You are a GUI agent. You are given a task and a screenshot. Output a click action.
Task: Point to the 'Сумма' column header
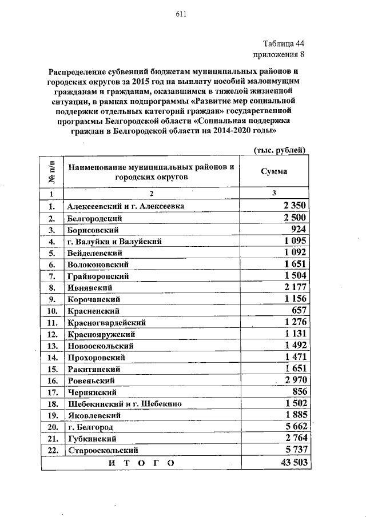click(x=274, y=171)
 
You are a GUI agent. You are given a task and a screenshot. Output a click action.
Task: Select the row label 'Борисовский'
click(x=93, y=230)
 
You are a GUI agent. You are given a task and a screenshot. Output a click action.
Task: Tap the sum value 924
click(x=300, y=230)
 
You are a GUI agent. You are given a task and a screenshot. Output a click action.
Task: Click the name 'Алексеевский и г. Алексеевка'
click(x=125, y=206)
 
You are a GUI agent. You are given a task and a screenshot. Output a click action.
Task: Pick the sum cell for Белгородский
click(x=296, y=218)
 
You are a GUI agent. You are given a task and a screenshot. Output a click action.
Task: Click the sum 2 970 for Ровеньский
click(x=296, y=380)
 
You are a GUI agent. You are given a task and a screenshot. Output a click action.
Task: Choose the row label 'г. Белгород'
click(x=90, y=427)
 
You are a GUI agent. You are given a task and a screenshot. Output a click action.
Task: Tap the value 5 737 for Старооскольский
click(x=296, y=450)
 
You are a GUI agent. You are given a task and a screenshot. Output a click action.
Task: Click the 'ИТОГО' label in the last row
click(x=140, y=462)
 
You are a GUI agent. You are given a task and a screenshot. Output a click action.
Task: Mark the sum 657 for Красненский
click(x=300, y=311)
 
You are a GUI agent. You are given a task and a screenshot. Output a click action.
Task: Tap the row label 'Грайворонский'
click(x=98, y=276)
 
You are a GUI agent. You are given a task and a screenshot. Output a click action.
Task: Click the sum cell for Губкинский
click(x=296, y=438)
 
